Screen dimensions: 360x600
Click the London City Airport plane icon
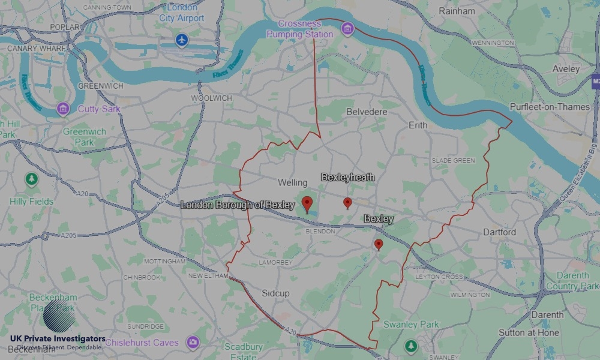182,40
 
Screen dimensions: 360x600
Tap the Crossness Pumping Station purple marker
347,28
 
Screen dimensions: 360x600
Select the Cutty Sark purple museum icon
63,109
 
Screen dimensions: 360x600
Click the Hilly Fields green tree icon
31,179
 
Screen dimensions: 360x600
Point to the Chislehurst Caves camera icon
193,343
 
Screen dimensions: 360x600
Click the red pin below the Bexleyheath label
347,203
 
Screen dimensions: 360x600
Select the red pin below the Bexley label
379,244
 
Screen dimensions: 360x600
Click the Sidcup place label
275,293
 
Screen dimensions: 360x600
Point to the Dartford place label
500,232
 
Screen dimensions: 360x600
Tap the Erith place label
418,125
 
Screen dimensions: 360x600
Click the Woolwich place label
211,98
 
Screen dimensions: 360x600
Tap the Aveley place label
566,69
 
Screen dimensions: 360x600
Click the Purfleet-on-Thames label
541,107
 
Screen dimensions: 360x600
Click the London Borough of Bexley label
238,205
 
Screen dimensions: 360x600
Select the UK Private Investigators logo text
58,340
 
